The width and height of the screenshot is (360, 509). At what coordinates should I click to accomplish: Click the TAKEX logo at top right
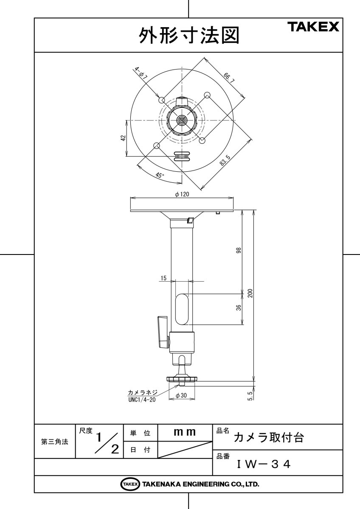tap(314, 28)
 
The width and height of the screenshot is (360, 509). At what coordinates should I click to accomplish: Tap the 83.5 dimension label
tap(225, 161)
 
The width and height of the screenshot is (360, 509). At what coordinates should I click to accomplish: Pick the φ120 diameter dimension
tap(182, 194)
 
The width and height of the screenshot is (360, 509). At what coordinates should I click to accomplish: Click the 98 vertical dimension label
tap(239, 250)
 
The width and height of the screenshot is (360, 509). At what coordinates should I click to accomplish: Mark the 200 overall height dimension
tap(250, 294)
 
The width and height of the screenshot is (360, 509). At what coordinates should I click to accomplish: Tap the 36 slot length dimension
tap(239, 308)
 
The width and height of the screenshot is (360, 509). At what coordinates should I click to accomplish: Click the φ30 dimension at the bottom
tap(182, 396)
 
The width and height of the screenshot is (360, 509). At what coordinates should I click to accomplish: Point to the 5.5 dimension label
tap(250, 396)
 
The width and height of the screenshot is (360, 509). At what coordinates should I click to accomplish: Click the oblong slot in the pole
tap(182, 309)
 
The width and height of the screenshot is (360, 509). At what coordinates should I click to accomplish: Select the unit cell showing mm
tap(185, 433)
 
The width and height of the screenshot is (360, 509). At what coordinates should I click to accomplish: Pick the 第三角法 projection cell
tap(55, 442)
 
